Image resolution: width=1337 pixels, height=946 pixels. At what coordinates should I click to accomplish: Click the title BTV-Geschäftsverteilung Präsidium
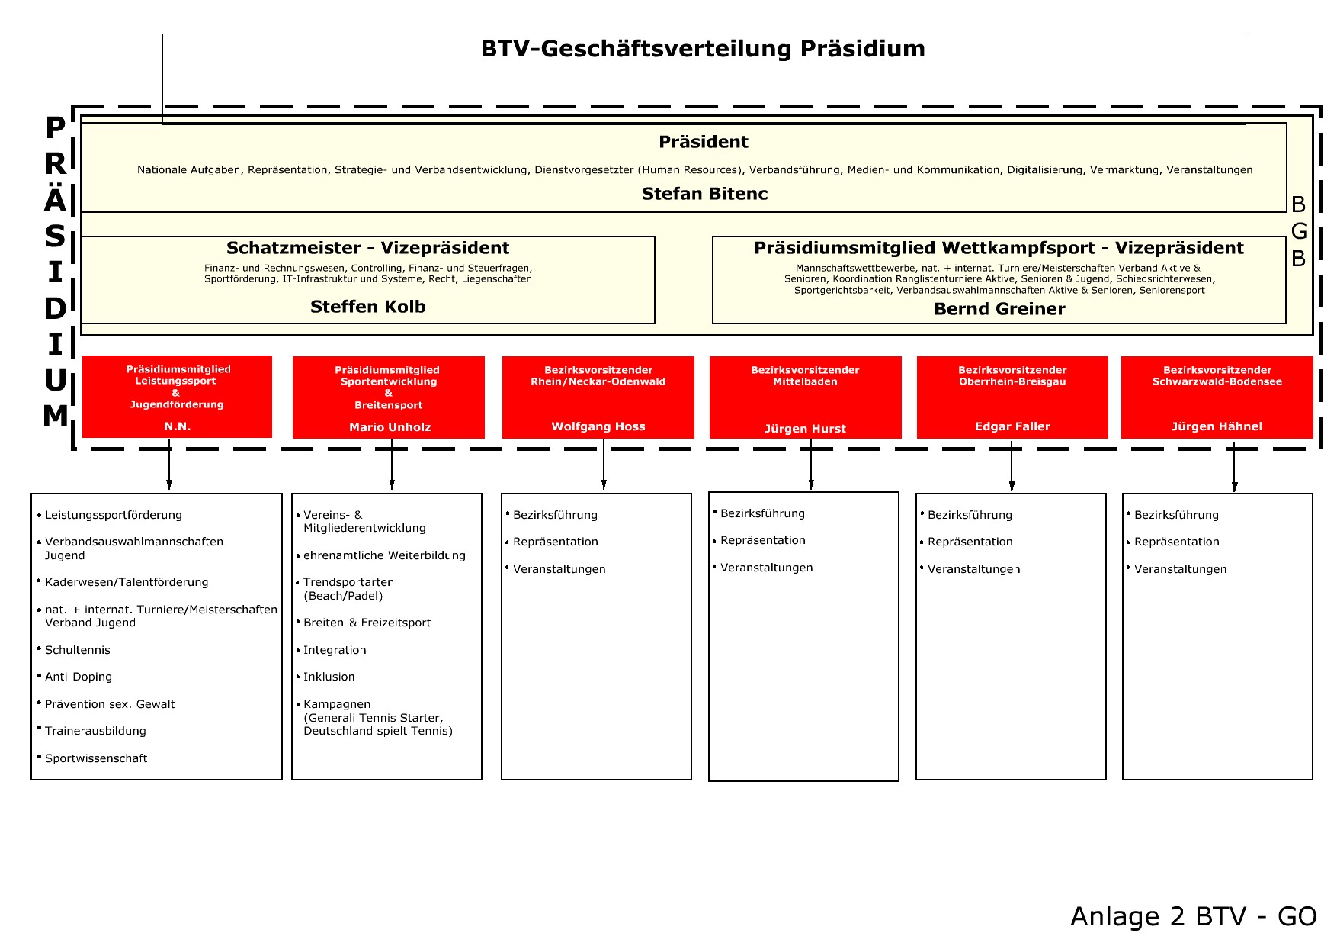click(x=703, y=50)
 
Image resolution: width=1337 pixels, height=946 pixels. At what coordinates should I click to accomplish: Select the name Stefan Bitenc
click(x=704, y=194)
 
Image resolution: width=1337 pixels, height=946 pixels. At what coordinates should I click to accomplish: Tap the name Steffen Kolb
click(x=368, y=307)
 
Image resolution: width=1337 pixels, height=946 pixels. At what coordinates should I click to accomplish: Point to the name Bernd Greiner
click(x=999, y=309)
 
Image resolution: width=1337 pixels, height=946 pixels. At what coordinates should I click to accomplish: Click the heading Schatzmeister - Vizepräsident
click(x=368, y=248)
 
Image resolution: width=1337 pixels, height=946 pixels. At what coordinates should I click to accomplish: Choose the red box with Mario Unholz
click(x=389, y=397)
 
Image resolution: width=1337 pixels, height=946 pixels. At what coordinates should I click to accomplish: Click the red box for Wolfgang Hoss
click(x=598, y=397)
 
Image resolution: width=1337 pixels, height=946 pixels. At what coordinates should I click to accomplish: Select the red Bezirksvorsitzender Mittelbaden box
click(x=806, y=397)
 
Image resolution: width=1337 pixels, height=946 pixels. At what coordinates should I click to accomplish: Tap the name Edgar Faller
click(x=1012, y=426)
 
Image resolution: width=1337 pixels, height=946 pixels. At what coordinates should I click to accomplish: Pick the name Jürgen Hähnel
click(x=1217, y=426)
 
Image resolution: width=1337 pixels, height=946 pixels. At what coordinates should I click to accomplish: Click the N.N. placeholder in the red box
click(x=178, y=426)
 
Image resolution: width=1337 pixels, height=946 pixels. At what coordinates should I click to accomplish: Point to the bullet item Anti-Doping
click(x=78, y=677)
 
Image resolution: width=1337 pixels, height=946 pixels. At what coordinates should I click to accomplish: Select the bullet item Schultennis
click(x=77, y=650)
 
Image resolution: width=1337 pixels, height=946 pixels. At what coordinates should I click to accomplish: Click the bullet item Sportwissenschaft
click(x=95, y=758)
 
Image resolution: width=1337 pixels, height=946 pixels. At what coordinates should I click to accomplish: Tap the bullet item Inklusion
click(x=329, y=677)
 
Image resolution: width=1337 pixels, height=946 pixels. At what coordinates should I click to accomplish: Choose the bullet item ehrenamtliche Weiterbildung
click(x=383, y=555)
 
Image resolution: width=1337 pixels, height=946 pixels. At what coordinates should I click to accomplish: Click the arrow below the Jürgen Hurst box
click(x=811, y=464)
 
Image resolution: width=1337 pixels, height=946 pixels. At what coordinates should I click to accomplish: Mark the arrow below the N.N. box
click(x=169, y=464)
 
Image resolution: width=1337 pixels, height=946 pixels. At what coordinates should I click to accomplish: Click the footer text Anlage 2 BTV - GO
click(x=1194, y=916)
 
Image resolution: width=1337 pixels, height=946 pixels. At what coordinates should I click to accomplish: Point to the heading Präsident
click(x=704, y=142)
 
